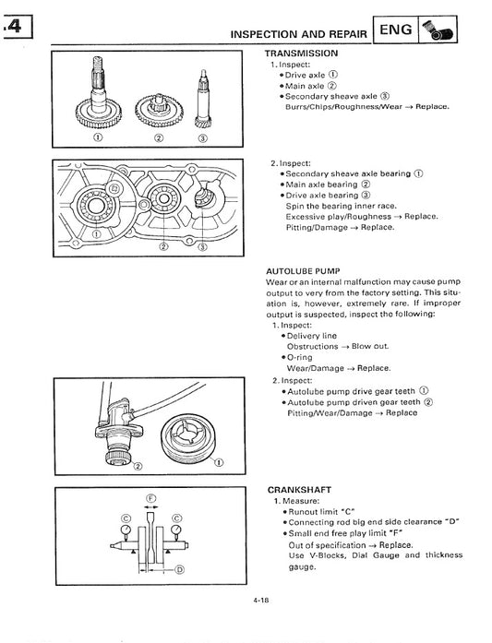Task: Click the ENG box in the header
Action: click(x=396, y=30)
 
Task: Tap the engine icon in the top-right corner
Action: click(x=437, y=30)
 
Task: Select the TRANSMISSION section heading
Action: click(x=301, y=54)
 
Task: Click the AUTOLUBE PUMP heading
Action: click(x=303, y=271)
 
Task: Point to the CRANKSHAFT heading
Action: click(x=299, y=490)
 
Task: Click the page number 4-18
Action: click(x=260, y=600)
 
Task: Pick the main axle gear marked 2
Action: click(x=159, y=110)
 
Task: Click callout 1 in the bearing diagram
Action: click(x=96, y=234)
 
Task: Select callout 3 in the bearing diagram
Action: click(x=203, y=247)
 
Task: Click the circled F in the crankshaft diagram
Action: click(x=151, y=499)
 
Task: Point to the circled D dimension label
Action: click(x=179, y=569)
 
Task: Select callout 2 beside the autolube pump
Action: click(x=138, y=466)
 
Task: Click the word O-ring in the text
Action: click(x=300, y=357)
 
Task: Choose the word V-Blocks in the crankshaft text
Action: click(x=327, y=555)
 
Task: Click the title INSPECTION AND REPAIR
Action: click(x=299, y=34)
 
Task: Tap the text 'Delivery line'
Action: click(x=312, y=336)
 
